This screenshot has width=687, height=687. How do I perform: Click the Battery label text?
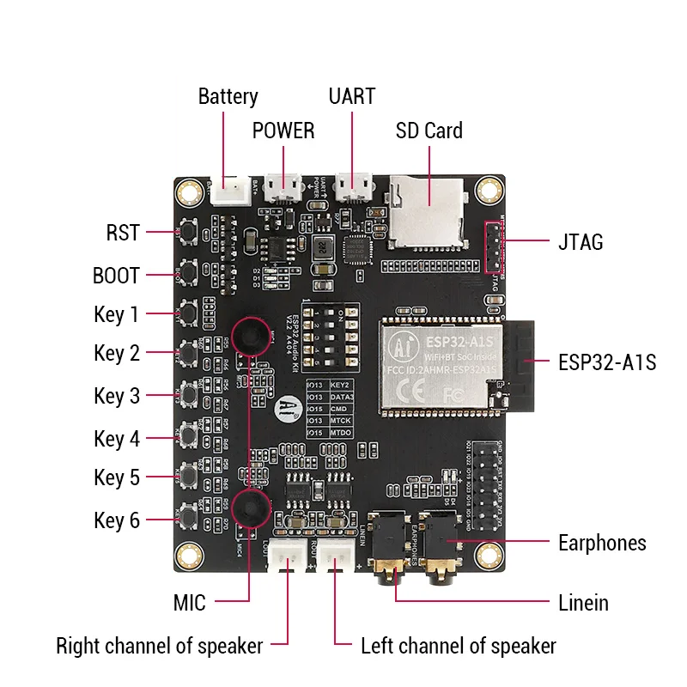(228, 96)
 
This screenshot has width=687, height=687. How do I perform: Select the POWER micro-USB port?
(283, 186)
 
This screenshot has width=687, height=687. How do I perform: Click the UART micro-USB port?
(353, 186)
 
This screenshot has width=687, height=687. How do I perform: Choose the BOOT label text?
(116, 277)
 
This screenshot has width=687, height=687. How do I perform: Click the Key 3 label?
(117, 396)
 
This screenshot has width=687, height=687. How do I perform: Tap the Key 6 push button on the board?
(188, 519)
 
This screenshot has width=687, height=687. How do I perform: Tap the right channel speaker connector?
(287, 559)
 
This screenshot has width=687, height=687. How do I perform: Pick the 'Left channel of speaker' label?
(458, 646)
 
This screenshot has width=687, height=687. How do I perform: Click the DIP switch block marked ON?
(331, 338)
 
